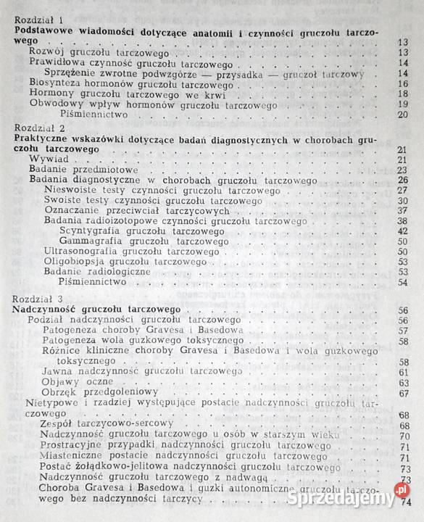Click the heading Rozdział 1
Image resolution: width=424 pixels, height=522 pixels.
(x=39, y=21)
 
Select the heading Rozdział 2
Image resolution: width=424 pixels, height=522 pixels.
(x=39, y=127)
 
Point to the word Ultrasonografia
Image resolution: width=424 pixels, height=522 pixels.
(x=80, y=251)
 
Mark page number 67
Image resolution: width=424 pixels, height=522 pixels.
(x=404, y=392)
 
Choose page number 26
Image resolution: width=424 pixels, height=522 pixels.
(x=403, y=180)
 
